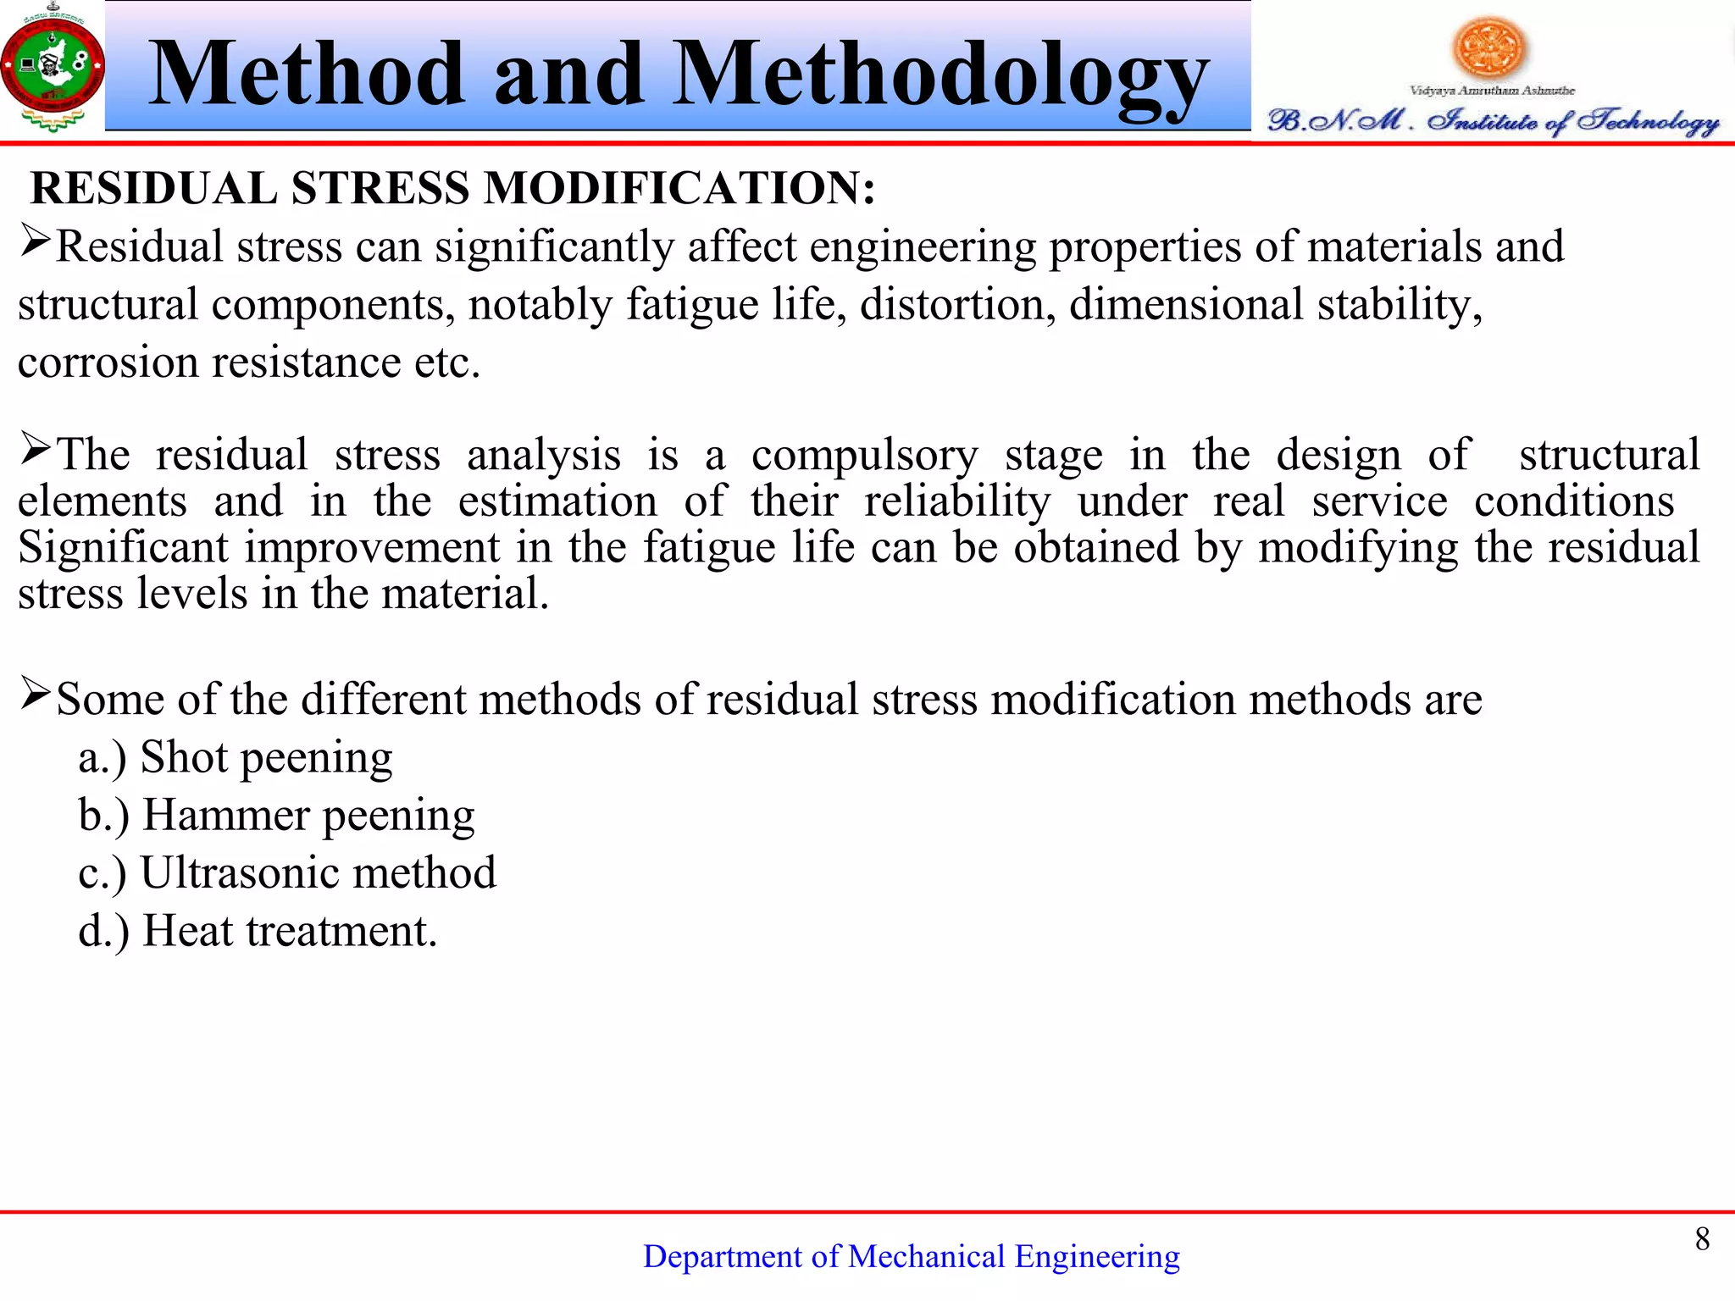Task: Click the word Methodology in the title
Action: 940,76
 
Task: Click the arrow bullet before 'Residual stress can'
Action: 36,242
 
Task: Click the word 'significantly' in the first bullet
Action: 554,248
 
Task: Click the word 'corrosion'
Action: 108,363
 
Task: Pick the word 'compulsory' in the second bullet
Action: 864,457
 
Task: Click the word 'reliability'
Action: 956,502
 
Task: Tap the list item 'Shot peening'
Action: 266,758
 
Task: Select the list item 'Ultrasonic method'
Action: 318,873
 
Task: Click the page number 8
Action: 1702,1239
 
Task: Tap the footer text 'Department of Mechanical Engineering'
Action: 911,1257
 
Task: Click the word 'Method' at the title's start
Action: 307,76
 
